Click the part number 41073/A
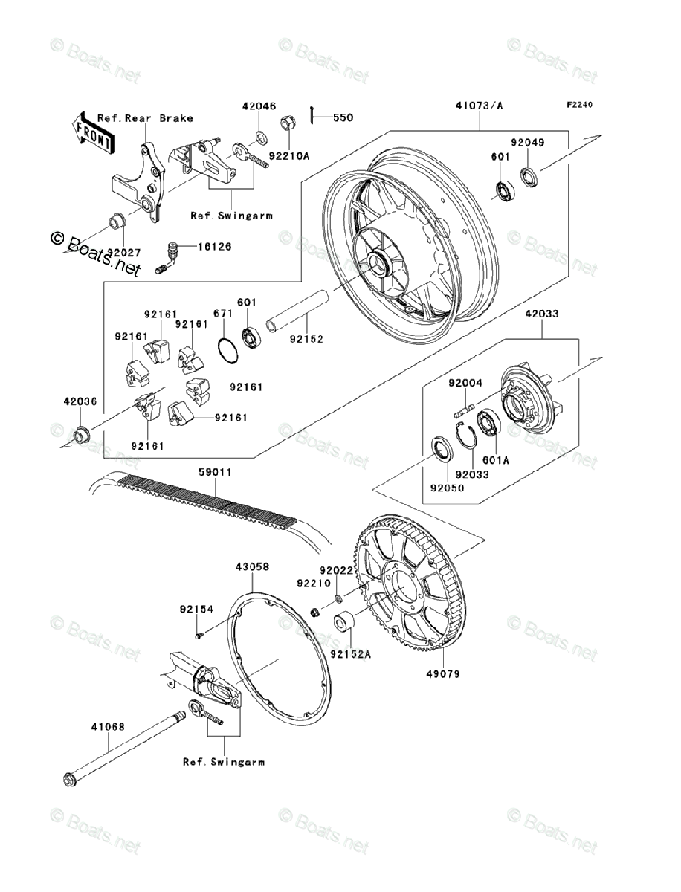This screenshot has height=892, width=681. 479,106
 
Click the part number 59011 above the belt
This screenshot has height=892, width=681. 215,471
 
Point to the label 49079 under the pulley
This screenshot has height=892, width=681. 445,674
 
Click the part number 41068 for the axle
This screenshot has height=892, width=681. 88,728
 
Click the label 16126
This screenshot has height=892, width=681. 213,246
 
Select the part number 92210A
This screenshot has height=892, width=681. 289,157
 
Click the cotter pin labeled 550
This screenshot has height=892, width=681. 317,115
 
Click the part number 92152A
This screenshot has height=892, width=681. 350,655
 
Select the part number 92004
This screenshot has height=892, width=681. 465,384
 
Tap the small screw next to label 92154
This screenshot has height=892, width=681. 200,635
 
